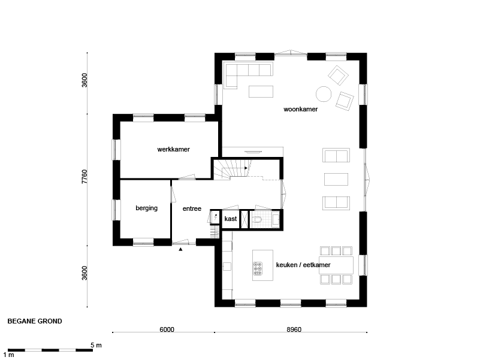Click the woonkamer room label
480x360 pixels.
(301, 109)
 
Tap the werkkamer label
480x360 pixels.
(174, 149)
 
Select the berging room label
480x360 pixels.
(147, 208)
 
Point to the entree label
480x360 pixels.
(192, 209)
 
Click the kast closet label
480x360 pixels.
(231, 219)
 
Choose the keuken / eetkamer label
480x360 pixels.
(303, 265)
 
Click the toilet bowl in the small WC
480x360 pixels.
(256, 219)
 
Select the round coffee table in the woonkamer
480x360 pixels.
(324, 93)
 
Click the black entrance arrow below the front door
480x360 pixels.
(180, 249)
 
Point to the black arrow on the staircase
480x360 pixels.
(246, 168)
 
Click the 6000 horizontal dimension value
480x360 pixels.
(167, 329)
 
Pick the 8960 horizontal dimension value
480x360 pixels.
(294, 329)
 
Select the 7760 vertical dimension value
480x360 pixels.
(84, 177)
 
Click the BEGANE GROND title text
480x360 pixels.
(35, 321)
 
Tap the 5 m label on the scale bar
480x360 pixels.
(96, 345)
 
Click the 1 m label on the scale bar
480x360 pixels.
(8, 355)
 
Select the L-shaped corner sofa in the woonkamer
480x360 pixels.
(248, 75)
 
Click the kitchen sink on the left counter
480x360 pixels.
(227, 267)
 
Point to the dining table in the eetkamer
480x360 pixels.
(336, 265)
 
